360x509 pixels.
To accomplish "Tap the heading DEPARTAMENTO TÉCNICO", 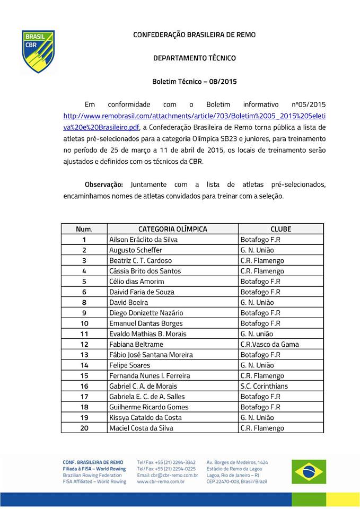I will point(194,58).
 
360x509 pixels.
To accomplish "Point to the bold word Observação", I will point(104,185).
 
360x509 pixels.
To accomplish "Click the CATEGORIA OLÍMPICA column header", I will point(172,229).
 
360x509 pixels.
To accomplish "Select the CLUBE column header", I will point(280,229).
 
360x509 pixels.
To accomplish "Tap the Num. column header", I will point(84,229).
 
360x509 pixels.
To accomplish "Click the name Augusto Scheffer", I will point(135,250).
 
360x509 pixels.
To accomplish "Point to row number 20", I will point(84,428).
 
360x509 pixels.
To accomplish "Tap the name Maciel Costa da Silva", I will point(141,428).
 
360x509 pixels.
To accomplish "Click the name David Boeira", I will point(128,302).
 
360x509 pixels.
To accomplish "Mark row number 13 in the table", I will point(84,355).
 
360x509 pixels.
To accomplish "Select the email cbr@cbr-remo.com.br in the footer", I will point(167,475).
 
